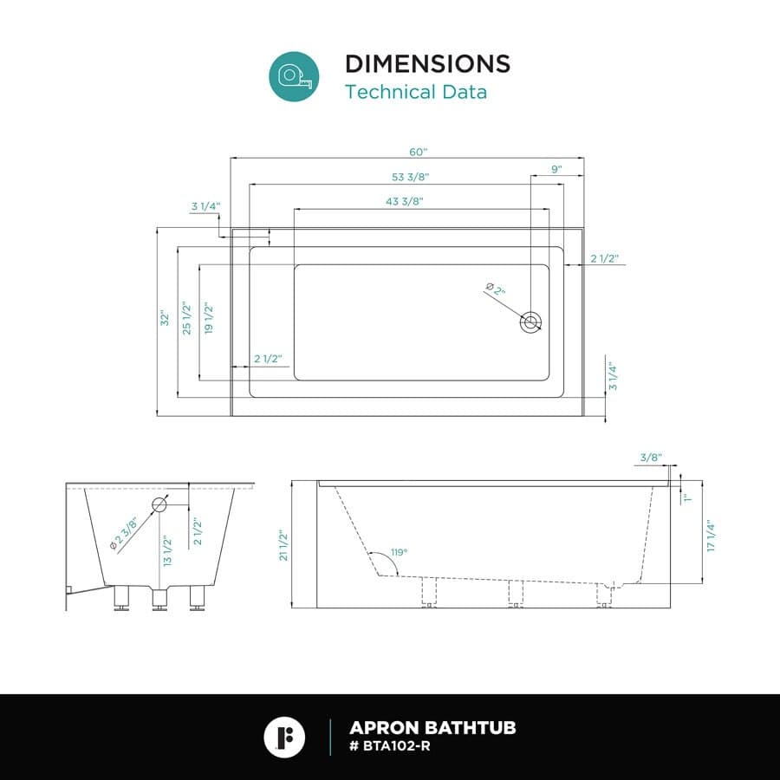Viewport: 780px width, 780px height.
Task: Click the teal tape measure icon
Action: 294,76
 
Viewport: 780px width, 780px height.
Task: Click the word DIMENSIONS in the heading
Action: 428,63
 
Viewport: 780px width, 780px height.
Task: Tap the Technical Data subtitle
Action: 416,92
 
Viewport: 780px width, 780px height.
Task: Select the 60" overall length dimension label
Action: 419,152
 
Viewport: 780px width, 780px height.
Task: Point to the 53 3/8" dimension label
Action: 411,177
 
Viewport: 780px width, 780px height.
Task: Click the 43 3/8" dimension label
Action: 405,201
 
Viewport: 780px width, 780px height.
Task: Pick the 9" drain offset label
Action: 556,169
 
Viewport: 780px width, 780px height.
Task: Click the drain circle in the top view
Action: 530,322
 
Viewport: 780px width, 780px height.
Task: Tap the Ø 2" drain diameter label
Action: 496,289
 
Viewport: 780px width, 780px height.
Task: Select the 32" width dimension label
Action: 165,319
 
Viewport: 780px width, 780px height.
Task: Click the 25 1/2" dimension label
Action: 186,317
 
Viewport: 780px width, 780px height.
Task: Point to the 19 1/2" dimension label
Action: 208,318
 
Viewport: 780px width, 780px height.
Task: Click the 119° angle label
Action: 399,552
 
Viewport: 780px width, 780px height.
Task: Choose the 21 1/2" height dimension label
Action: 283,545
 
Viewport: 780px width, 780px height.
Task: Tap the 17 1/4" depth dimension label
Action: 711,536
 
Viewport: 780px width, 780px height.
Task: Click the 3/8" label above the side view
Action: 651,457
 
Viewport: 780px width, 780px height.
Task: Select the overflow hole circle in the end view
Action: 159,504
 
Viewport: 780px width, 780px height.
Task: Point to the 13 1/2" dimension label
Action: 167,550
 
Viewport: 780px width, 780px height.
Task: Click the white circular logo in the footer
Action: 284,737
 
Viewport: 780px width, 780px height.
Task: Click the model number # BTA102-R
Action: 390,746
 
